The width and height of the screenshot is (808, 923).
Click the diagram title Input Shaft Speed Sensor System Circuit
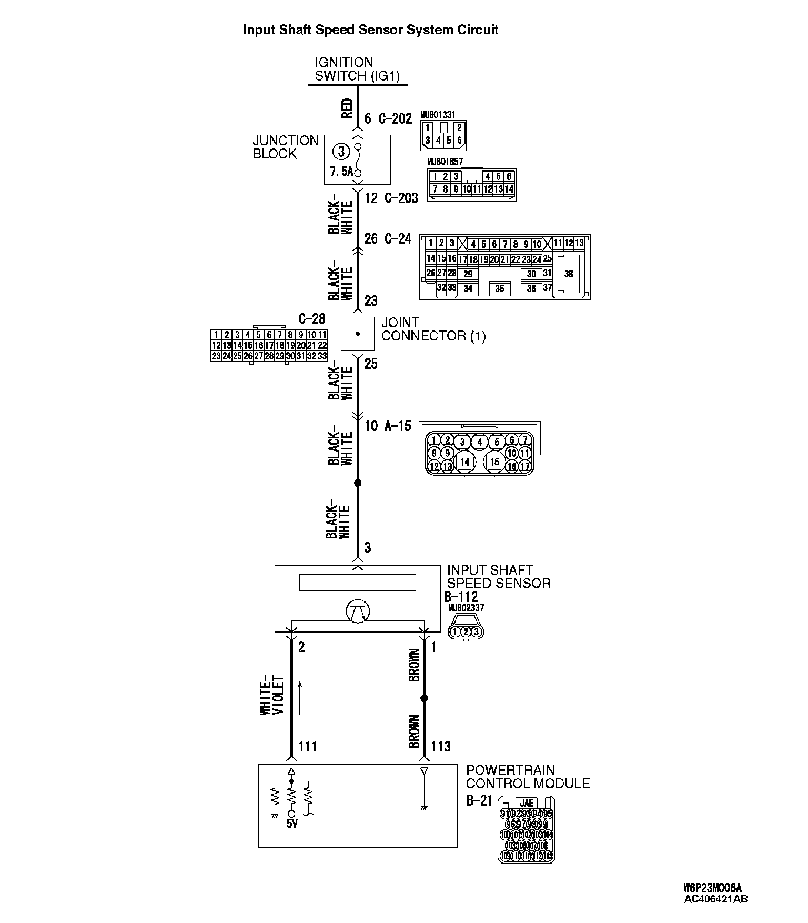click(x=370, y=30)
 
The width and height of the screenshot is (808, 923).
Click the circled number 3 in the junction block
click(x=341, y=152)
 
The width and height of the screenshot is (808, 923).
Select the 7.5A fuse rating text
click(x=340, y=172)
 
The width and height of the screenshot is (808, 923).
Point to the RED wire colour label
click(x=347, y=109)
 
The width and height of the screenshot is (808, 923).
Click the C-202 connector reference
click(x=395, y=118)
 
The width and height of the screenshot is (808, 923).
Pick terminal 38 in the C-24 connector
click(x=568, y=274)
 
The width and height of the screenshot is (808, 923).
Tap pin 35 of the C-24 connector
click(x=499, y=289)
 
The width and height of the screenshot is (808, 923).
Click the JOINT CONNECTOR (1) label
click(x=433, y=329)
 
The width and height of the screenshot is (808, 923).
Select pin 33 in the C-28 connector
click(x=322, y=356)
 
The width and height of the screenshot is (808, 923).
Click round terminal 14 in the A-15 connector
click(x=464, y=462)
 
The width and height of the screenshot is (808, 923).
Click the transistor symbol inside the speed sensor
click(x=358, y=611)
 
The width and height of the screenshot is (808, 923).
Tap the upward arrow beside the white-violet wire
click(x=300, y=698)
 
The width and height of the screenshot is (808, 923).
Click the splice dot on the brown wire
click(x=424, y=698)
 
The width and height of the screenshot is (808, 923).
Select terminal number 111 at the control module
click(x=308, y=746)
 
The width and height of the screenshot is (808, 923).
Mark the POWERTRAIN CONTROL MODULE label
click(x=528, y=777)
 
